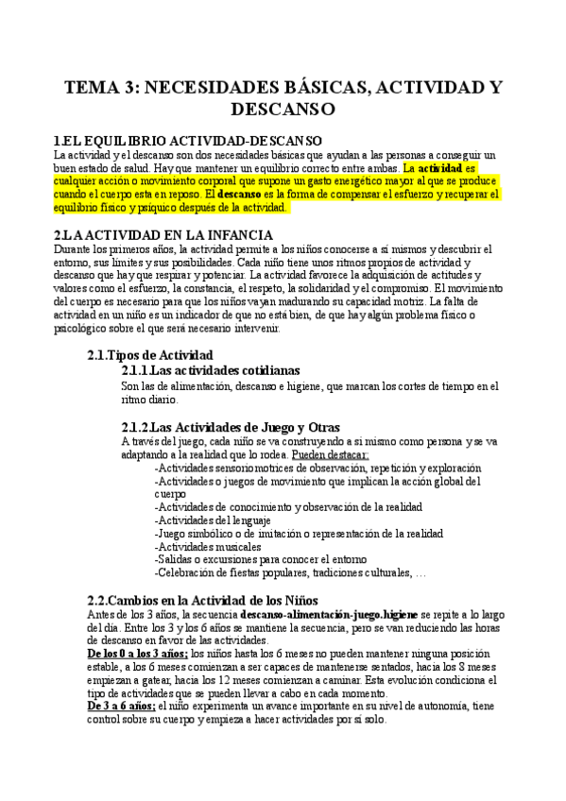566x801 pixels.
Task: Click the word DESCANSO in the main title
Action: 283,110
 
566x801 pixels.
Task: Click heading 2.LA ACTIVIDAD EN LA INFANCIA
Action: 163,234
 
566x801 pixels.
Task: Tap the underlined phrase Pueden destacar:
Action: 331,454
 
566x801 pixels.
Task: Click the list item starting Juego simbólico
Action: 293,533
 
